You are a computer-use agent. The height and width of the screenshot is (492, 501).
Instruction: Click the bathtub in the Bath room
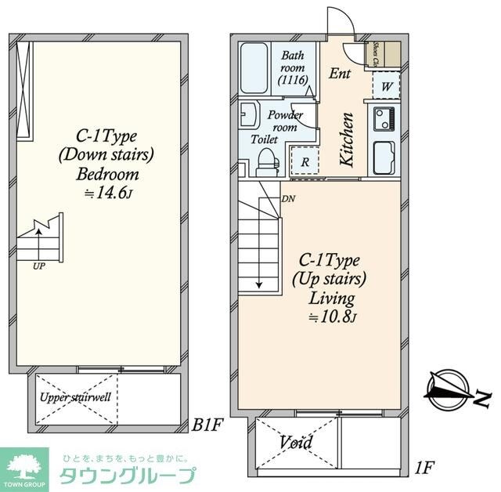257,68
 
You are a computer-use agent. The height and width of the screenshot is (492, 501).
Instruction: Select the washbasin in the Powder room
250,116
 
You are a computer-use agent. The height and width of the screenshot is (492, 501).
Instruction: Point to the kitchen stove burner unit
386,119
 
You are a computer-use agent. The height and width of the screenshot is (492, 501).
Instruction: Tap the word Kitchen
347,139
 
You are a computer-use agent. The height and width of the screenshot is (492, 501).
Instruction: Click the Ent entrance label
340,74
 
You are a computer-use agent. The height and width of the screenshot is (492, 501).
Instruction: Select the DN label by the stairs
288,198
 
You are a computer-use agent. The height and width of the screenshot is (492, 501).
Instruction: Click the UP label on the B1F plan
38,266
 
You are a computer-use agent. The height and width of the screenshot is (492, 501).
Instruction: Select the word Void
296,443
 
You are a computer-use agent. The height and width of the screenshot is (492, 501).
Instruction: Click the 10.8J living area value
333,317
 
